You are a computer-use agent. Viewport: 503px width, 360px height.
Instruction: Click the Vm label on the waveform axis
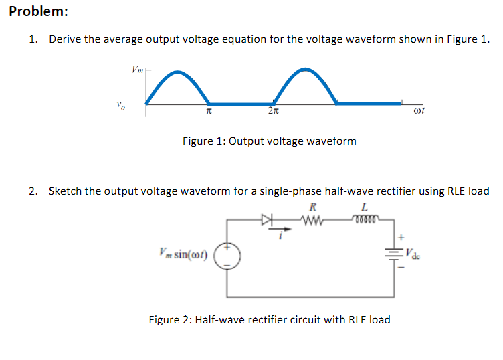coord(137,69)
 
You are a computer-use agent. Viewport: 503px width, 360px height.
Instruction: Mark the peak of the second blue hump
coord(305,70)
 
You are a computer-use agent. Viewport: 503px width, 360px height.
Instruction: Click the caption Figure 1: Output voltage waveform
coord(269,141)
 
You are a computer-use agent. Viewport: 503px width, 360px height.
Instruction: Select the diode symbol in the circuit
coord(268,218)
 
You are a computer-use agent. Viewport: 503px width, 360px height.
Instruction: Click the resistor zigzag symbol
coord(314,218)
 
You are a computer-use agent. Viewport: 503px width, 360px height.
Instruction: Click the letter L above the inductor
coord(365,206)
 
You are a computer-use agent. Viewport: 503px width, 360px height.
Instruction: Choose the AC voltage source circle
coord(227,255)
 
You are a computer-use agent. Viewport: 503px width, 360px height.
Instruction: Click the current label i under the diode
coord(282,234)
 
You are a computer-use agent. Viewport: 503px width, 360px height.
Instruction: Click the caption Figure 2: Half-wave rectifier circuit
coord(269,319)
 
